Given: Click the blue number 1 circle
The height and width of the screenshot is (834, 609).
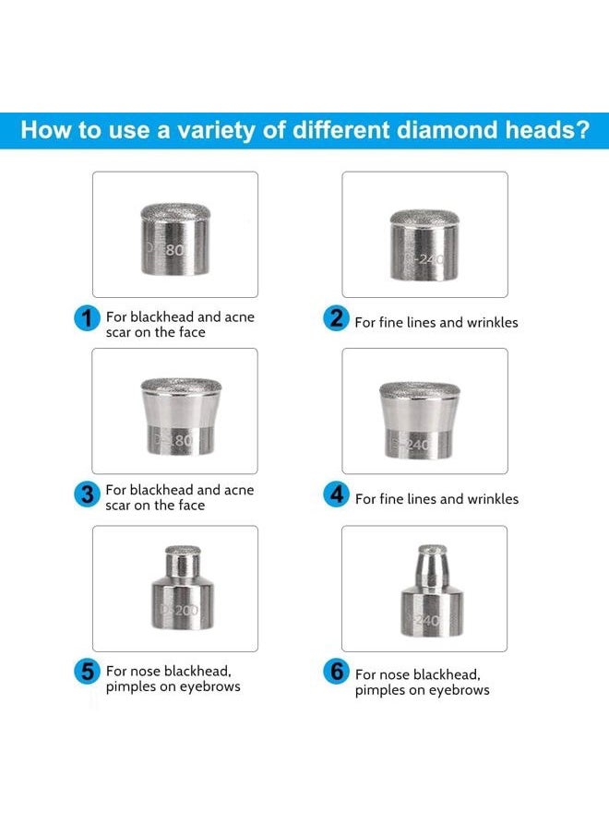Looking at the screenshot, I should (87, 319).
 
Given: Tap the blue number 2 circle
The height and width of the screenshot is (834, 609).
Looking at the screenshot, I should (336, 319).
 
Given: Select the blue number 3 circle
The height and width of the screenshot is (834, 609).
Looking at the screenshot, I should (87, 494).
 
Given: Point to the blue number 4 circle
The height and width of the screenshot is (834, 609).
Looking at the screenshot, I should (336, 494).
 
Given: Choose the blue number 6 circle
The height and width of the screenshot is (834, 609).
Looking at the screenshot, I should (336, 672).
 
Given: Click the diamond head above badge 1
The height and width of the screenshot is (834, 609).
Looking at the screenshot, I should (174, 239).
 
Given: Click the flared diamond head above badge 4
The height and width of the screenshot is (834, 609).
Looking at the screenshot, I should (424, 416).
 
